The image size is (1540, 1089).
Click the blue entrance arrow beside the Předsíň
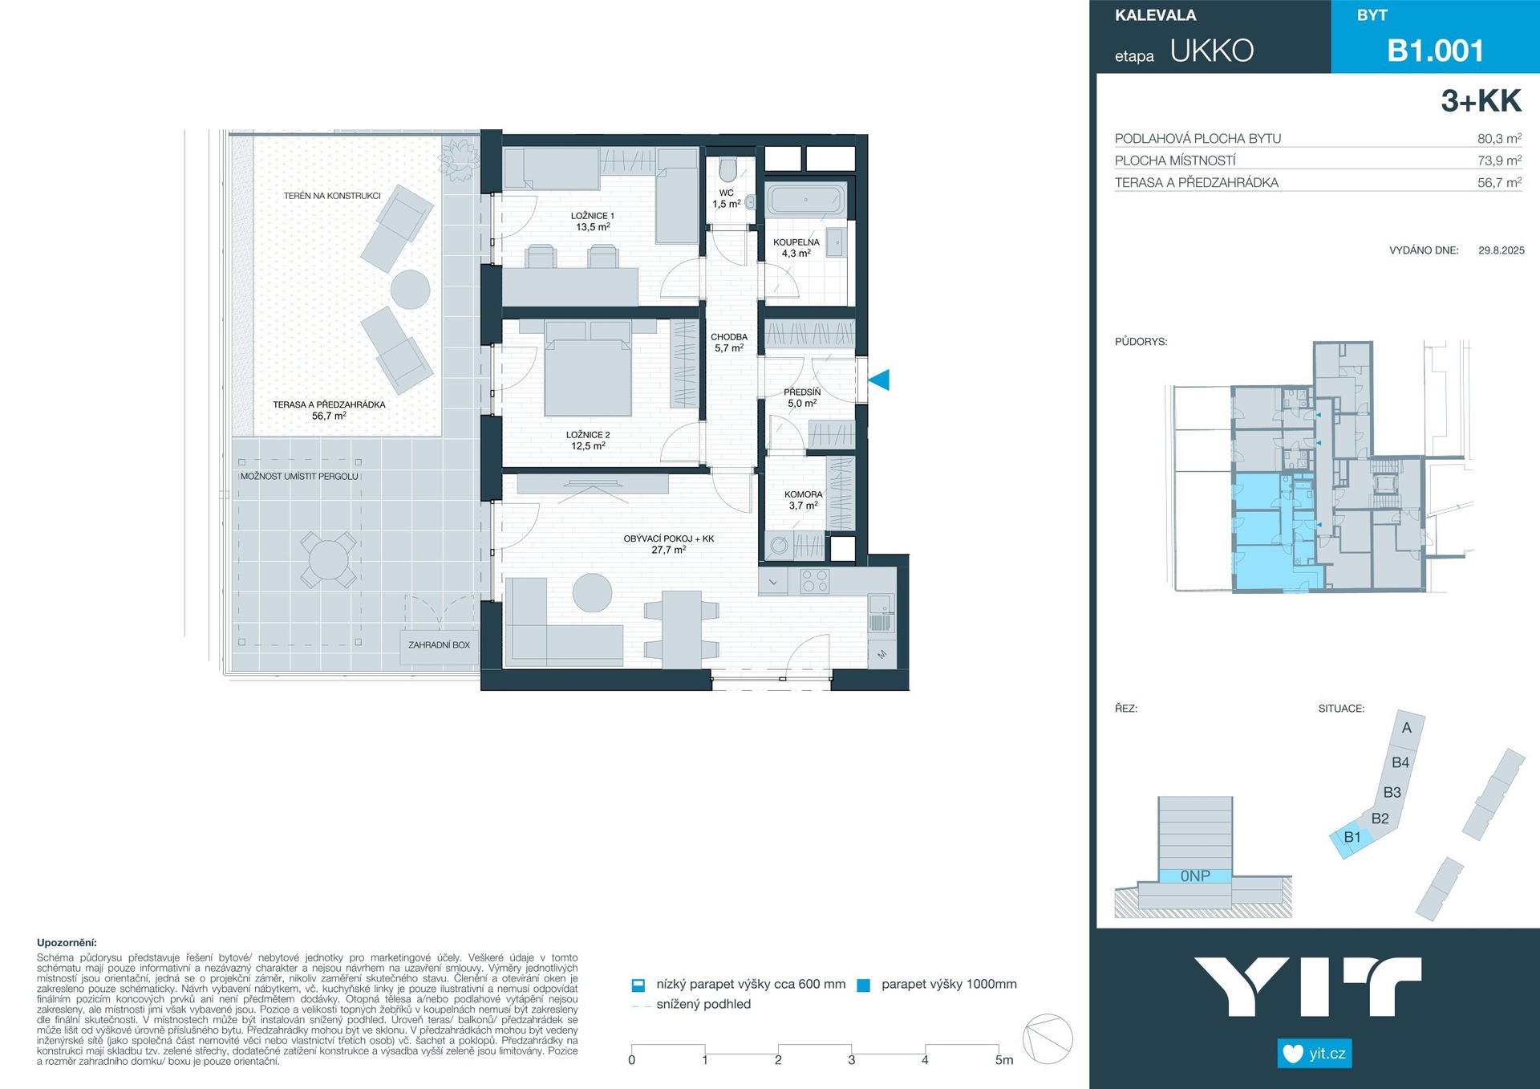point(880,380)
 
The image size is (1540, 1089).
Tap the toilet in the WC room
point(728,170)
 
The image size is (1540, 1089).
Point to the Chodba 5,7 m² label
point(729,343)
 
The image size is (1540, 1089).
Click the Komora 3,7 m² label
point(804,500)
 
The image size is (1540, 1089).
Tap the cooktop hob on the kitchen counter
point(815,581)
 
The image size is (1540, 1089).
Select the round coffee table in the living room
point(593,593)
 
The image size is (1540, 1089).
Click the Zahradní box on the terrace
point(440,644)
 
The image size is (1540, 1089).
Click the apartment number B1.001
point(1436,51)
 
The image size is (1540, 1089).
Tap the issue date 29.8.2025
point(1501,250)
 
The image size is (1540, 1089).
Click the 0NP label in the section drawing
point(1195,876)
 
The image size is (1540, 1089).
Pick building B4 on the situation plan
point(1400,762)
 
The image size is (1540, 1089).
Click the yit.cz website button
point(1315,1054)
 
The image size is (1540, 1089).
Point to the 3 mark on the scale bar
point(852,1060)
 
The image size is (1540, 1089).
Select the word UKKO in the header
point(1212,51)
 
